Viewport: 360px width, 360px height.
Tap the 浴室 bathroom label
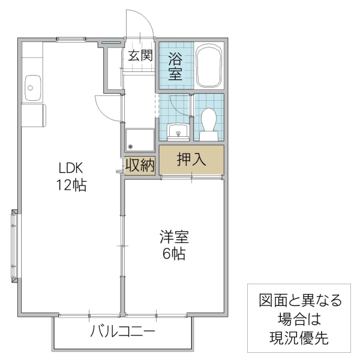pos(175,66)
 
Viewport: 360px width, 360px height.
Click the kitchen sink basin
pos(32,88)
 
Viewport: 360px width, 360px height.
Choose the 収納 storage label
pos(140,165)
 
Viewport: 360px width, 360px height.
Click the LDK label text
pos(70,167)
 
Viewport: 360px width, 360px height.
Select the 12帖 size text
pos(71,185)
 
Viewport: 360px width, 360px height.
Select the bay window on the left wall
pos(14,245)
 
